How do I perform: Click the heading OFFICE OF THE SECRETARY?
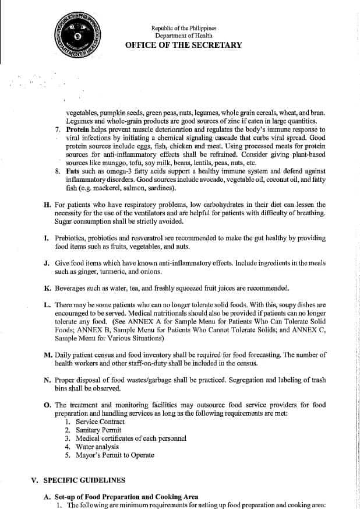pyautogui.click(x=183, y=45)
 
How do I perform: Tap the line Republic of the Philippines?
pyautogui.click(x=183, y=27)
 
